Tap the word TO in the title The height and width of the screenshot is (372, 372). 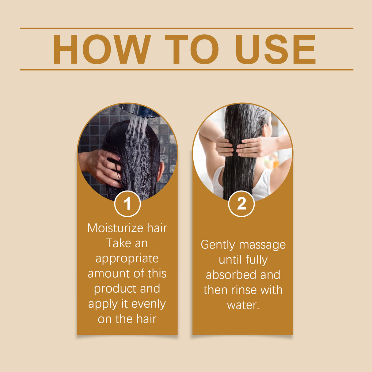(192, 49)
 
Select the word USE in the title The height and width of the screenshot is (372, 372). (275, 49)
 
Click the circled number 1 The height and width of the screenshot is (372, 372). (127, 204)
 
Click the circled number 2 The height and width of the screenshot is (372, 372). (241, 204)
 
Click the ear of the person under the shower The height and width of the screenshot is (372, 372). (161, 172)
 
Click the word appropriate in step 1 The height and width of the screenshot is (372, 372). (127, 259)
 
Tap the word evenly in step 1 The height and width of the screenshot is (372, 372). (149, 304)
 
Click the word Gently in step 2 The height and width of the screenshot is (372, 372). (218, 245)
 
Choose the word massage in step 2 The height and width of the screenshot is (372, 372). (262, 245)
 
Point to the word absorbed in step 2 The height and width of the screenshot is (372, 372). (232, 275)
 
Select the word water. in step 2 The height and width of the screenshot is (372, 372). (243, 305)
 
